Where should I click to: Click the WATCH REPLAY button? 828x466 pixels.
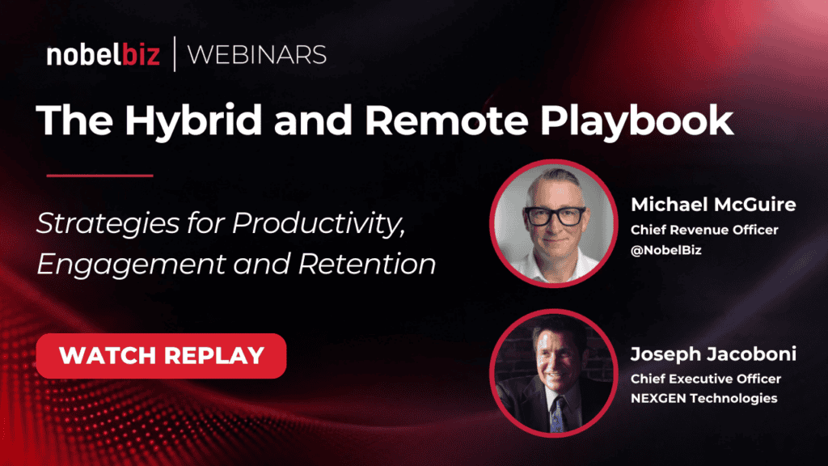[x=161, y=356]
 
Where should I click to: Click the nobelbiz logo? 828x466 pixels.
[x=103, y=54]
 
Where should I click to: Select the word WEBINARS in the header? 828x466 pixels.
[x=256, y=55]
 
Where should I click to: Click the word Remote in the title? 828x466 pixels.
[x=446, y=121]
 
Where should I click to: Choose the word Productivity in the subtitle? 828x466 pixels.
[x=319, y=224]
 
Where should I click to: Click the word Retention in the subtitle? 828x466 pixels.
[x=367, y=264]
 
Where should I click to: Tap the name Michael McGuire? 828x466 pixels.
[x=713, y=205]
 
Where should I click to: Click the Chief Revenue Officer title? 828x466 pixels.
[x=704, y=230]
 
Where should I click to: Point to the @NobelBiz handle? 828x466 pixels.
[x=666, y=250]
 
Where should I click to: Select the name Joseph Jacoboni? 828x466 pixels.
[x=713, y=354]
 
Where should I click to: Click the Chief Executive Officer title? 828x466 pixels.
[x=705, y=379]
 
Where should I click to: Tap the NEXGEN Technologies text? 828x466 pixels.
[x=704, y=398]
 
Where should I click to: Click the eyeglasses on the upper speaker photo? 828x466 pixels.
[x=555, y=215]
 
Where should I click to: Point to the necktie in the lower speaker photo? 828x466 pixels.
[x=556, y=413]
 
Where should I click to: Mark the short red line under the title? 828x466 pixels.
[x=99, y=176]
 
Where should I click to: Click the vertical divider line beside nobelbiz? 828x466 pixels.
[x=175, y=54]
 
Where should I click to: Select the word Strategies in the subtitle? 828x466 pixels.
[x=108, y=224]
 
